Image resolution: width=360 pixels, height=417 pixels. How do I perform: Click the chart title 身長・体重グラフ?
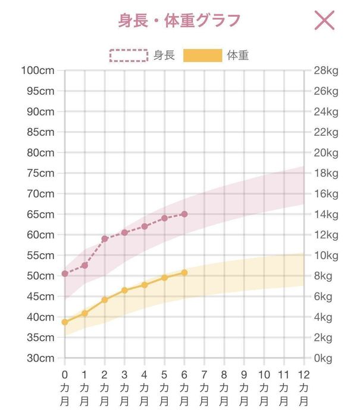coord(179,20)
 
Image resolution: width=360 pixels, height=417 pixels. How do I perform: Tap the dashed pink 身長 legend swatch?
coord(128,55)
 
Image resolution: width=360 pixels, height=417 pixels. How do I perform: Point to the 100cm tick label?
coord(37,70)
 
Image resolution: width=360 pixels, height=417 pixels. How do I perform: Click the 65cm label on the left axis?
coord(40,214)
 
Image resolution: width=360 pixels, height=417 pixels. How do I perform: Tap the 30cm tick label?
coord(40,358)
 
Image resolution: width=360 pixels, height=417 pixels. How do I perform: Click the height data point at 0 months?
coord(65,273)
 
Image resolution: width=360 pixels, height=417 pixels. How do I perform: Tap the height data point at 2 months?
coord(105,239)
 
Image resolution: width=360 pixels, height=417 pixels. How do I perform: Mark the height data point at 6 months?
coord(184,214)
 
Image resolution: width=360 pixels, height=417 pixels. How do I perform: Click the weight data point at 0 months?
coord(65,322)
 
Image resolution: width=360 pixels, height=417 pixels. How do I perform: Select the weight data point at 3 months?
coord(124,290)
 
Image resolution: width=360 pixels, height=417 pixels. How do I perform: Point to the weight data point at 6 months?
coord(184,272)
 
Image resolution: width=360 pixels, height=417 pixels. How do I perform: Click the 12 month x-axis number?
coord(304,375)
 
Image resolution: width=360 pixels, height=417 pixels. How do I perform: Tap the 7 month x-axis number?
coord(204,375)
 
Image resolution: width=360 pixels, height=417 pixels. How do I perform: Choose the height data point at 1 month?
coord(84,265)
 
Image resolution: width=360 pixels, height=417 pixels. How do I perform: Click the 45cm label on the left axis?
coord(40,297)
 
